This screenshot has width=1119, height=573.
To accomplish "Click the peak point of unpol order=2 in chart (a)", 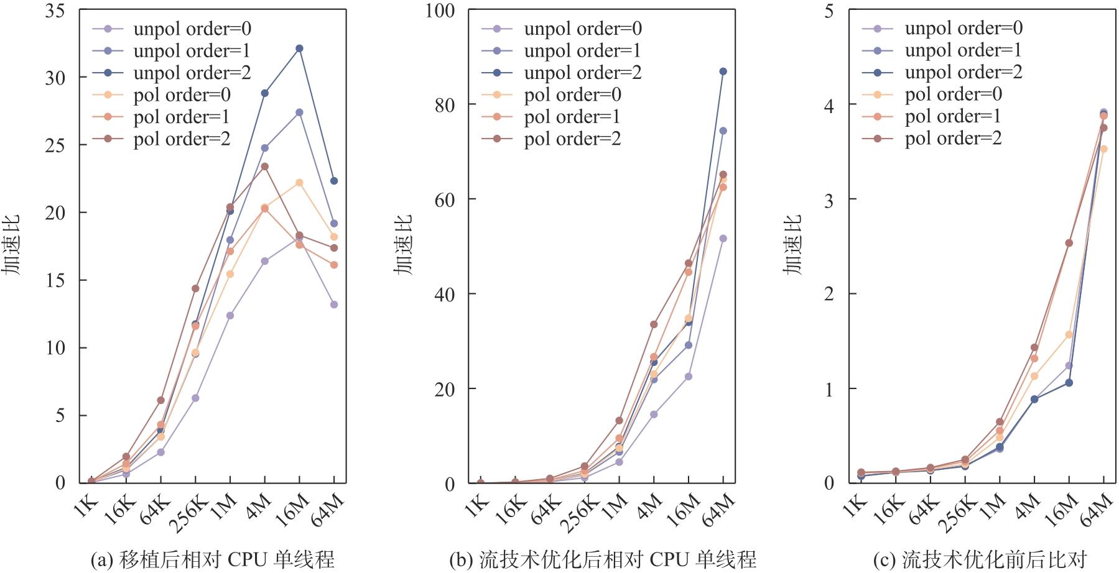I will [x=299, y=48].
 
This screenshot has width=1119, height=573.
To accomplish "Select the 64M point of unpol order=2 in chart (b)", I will [x=723, y=71].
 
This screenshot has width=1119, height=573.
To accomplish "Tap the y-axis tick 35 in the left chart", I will [x=55, y=11].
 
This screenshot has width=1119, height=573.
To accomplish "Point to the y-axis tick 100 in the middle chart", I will [x=439, y=11].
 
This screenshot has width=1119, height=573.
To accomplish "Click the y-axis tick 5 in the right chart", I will [x=829, y=11].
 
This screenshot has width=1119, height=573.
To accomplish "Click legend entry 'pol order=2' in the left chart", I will [x=182, y=139].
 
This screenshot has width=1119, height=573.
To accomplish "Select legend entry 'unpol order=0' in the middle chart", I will [x=582, y=29].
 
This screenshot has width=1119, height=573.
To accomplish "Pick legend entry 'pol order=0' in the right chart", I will [x=953, y=94].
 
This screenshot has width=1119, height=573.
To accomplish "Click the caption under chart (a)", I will [x=213, y=560].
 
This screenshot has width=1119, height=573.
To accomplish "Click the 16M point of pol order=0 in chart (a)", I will [x=299, y=183].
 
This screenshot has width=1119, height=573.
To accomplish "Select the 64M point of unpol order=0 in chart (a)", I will [x=334, y=305].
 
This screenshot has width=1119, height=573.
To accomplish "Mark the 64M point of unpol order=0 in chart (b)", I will [x=723, y=239].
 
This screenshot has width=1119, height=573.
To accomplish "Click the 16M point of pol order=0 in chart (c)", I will [x=1069, y=334].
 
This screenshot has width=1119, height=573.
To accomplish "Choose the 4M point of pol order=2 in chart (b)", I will [x=654, y=324].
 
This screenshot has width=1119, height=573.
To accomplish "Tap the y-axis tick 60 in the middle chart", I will [x=444, y=199].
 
